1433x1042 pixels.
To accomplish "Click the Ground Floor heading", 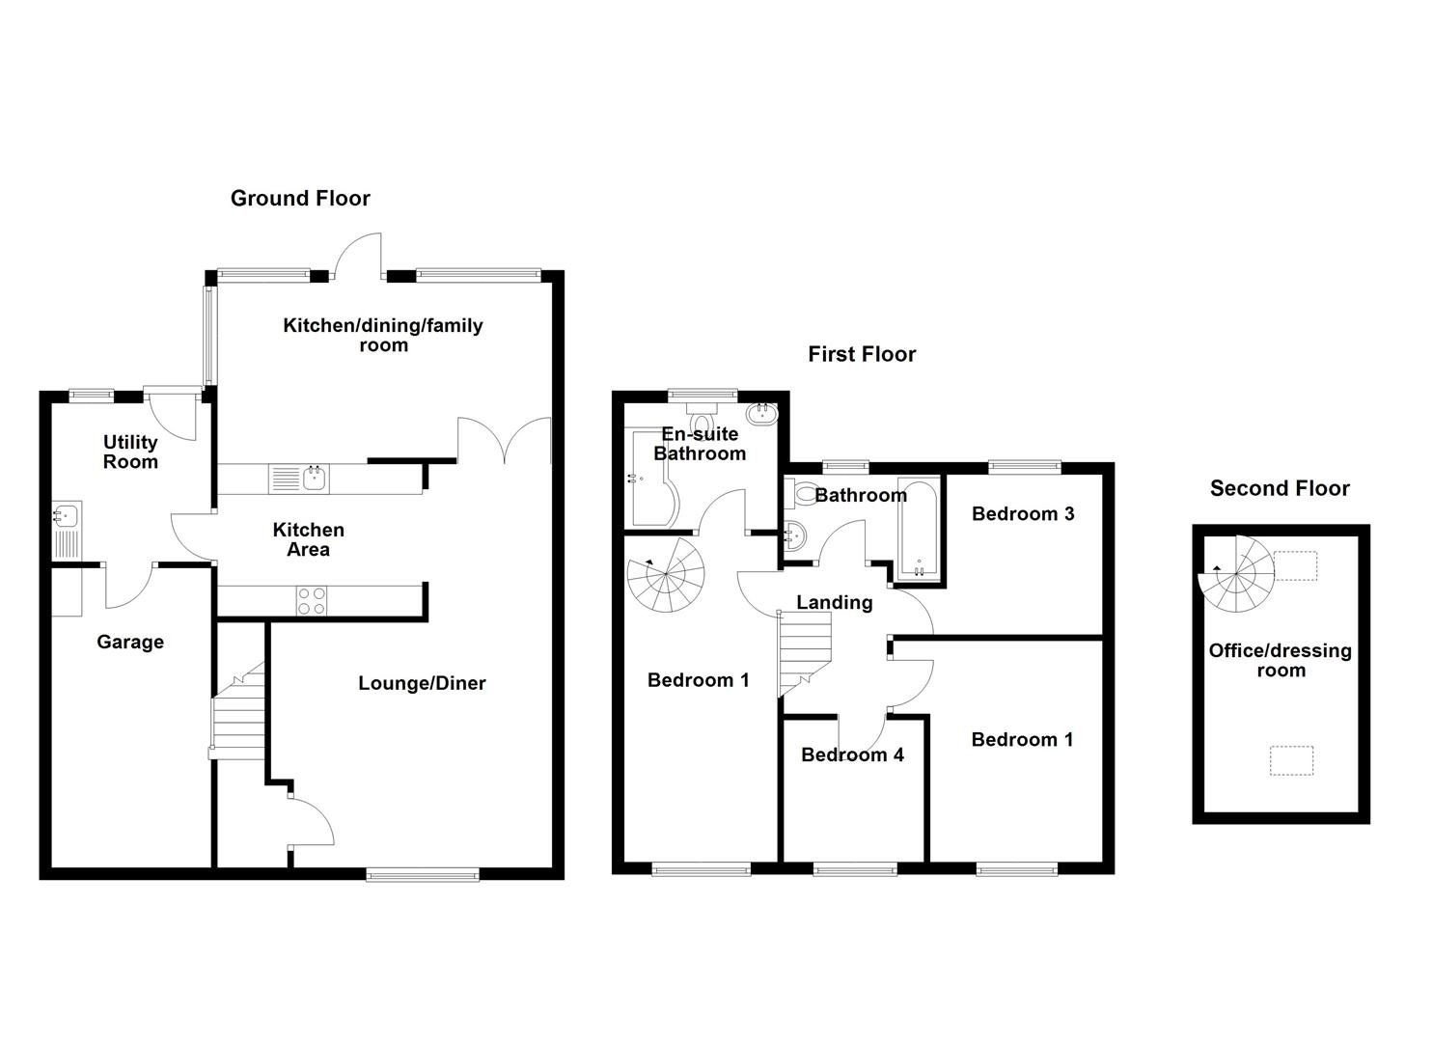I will [300, 198].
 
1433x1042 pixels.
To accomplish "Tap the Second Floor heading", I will [1279, 488].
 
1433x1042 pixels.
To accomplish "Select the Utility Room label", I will [130, 452].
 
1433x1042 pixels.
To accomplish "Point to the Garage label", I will [130, 642].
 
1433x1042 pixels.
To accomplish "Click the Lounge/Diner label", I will [422, 683].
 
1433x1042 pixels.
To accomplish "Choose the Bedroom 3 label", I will [1023, 513].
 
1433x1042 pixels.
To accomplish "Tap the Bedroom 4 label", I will [852, 754].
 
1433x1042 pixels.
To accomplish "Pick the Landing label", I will [834, 602].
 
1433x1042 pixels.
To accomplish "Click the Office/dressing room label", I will [1280, 660].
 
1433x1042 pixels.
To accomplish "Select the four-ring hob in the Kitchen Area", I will [311, 600].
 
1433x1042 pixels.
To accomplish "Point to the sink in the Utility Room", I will [67, 530].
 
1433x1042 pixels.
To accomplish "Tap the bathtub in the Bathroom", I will [918, 529].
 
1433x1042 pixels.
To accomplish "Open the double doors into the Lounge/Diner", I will [504, 442].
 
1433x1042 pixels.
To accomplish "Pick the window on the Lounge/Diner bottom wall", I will [423, 874].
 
